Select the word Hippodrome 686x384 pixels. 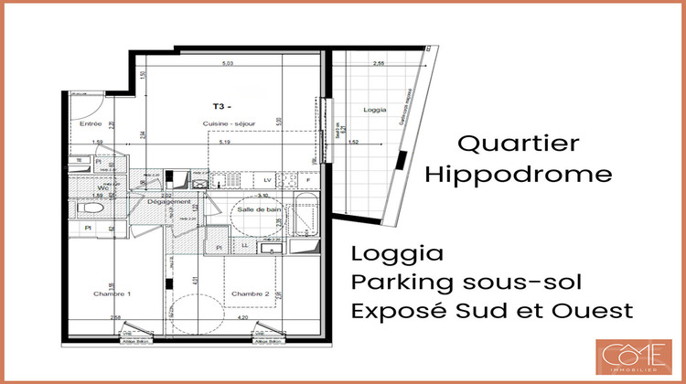point(519,174)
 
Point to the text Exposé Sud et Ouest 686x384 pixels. point(491,311)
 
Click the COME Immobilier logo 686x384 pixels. point(632,356)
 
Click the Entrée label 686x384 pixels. point(90,123)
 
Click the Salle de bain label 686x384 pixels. point(258,209)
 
